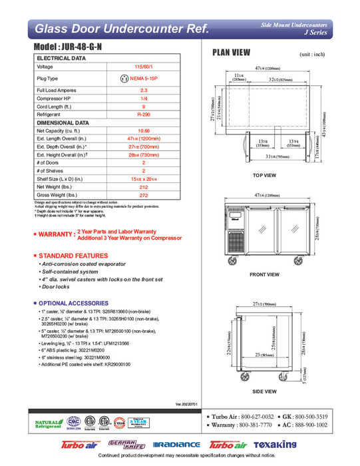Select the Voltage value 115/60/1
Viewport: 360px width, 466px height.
point(143,67)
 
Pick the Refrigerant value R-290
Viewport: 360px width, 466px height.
point(143,115)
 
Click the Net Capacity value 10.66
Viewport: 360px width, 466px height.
point(143,130)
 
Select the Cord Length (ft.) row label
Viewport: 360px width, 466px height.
point(53,107)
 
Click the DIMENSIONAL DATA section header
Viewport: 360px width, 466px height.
point(63,122)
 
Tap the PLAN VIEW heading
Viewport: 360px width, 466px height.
point(231,53)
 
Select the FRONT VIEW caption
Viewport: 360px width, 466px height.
point(264,274)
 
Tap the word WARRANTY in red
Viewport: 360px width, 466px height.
point(56,234)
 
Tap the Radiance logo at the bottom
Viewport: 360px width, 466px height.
point(176,444)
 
